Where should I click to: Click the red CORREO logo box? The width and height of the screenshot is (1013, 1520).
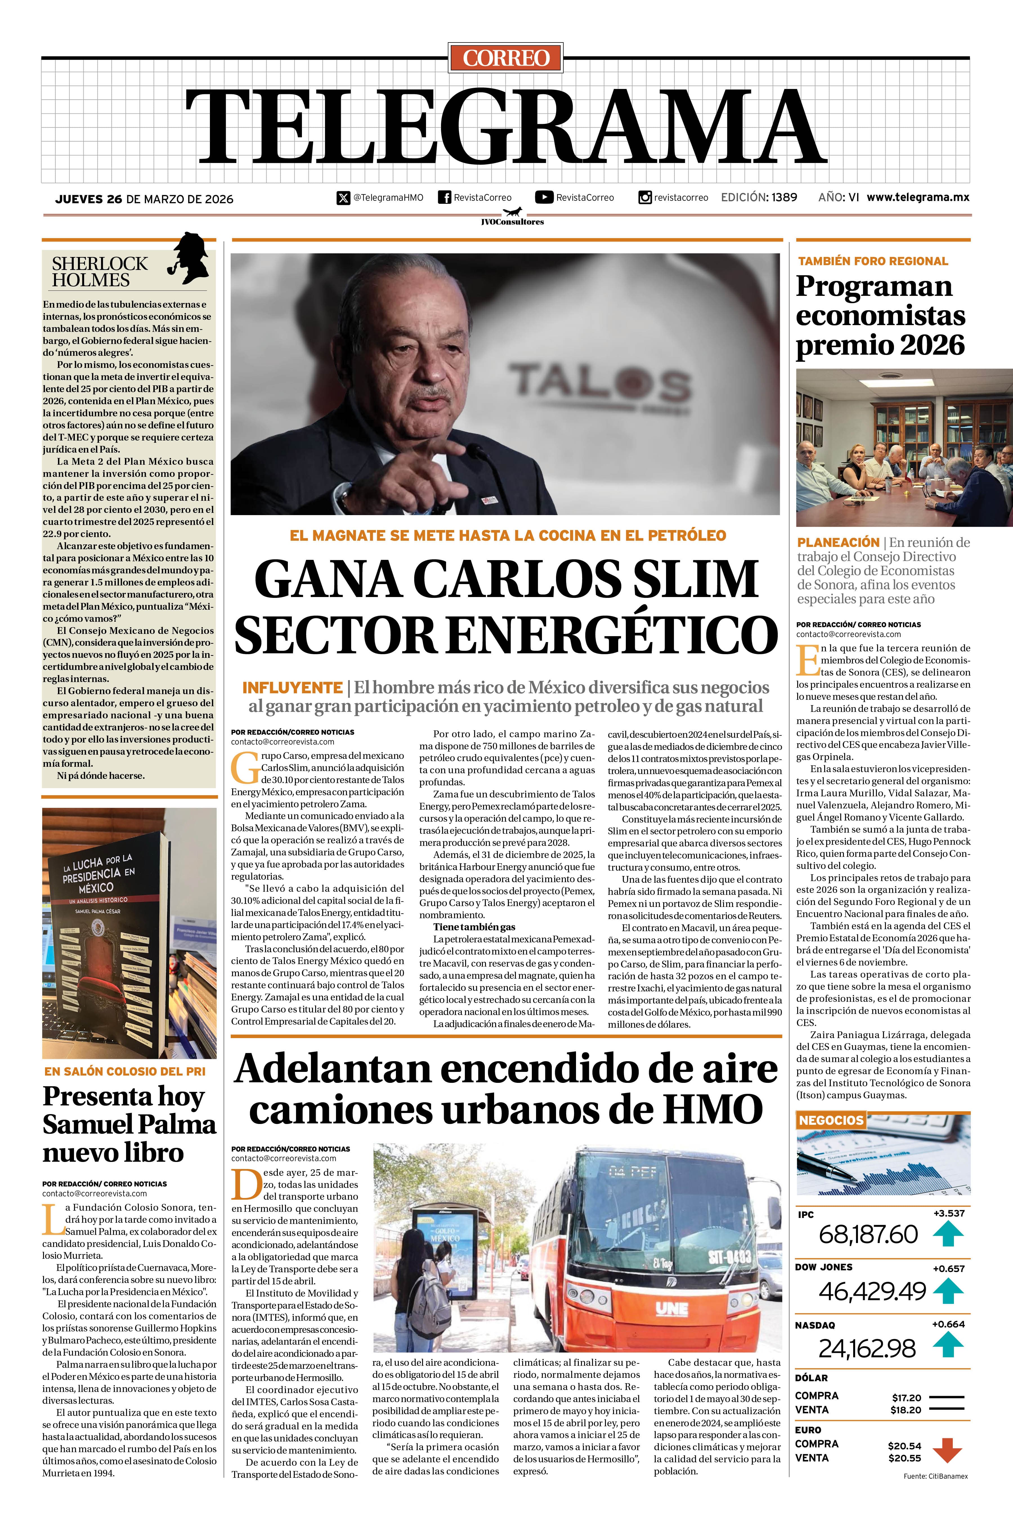(506, 57)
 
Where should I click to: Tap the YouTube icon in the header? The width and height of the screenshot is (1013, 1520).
(544, 197)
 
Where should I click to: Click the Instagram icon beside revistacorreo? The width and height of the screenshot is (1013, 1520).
(645, 197)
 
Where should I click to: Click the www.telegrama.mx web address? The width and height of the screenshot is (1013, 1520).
(917, 197)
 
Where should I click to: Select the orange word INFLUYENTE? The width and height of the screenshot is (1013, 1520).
(292, 687)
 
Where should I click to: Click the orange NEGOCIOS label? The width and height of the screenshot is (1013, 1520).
(831, 1120)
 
